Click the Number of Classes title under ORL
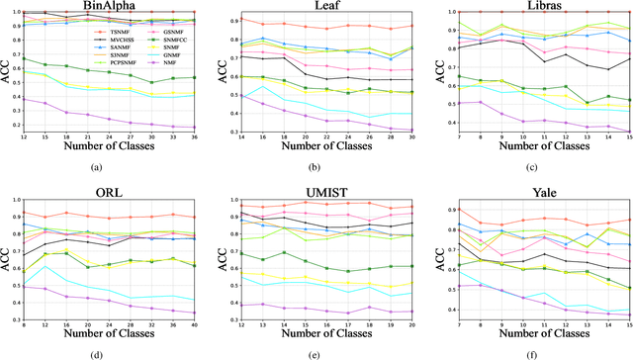coord(111,334)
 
